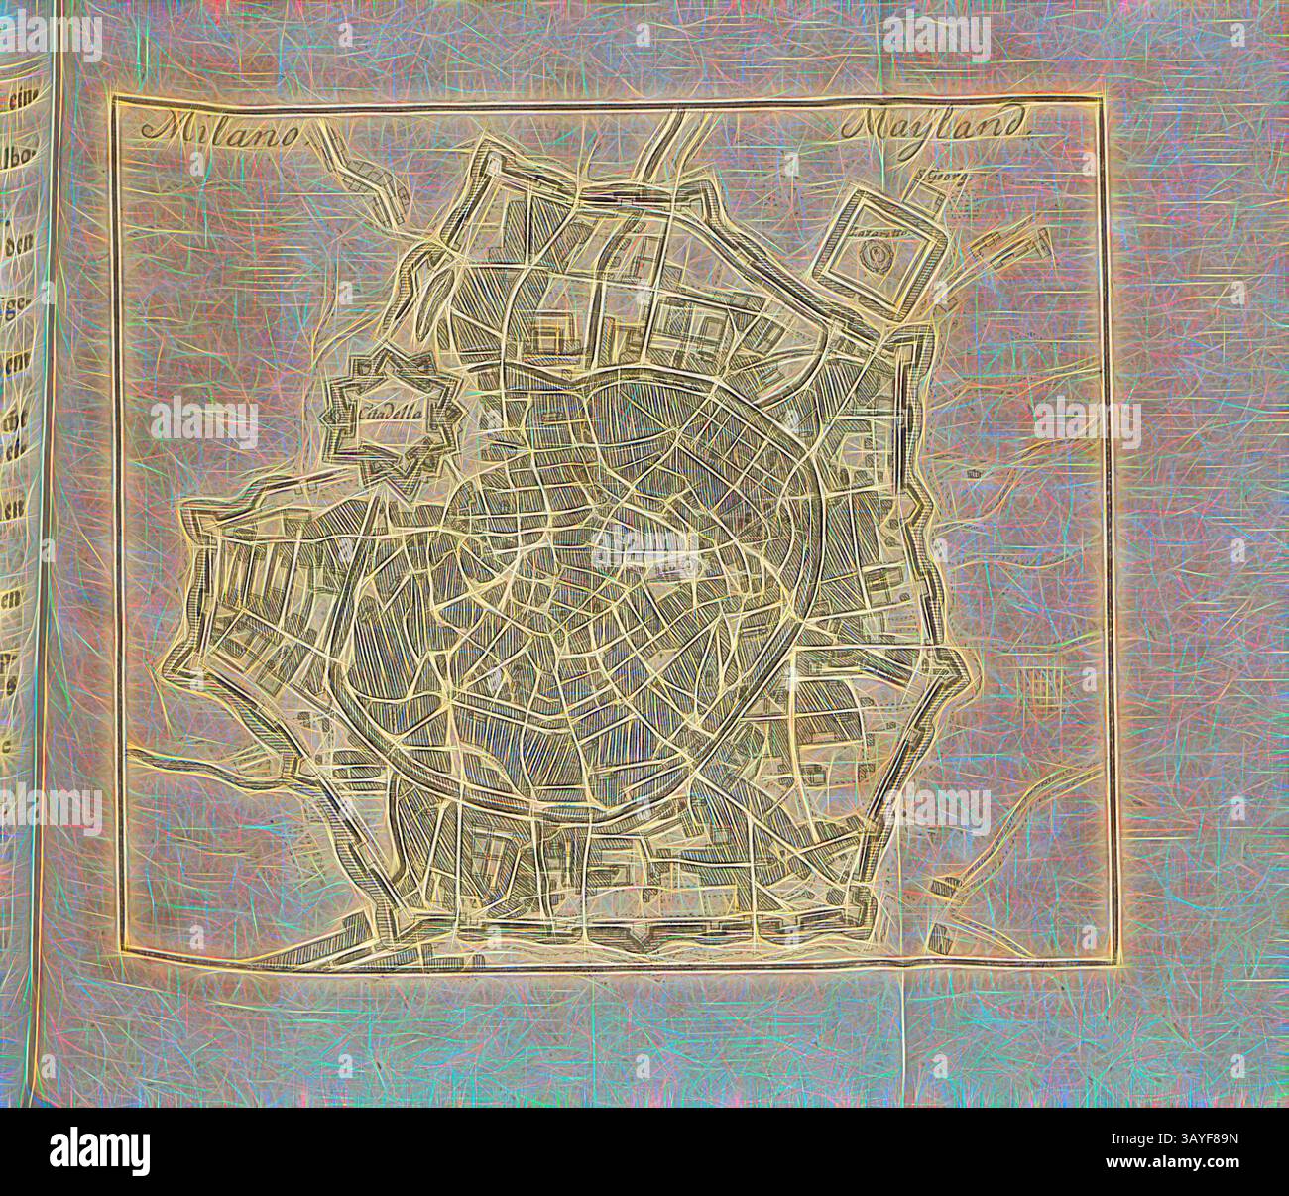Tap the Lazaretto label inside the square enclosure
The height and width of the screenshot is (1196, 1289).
871,234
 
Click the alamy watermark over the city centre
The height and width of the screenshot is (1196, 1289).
644,540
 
